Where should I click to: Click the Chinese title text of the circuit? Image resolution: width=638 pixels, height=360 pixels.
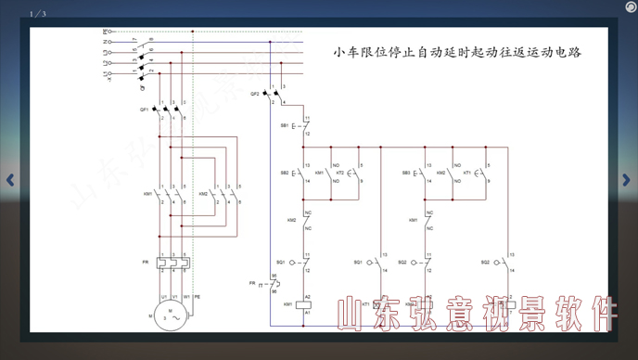457,53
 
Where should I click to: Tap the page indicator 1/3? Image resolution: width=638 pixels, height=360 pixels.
38,14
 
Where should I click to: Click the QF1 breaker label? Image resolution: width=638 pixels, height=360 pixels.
145,109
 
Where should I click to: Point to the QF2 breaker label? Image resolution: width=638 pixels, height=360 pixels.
255,94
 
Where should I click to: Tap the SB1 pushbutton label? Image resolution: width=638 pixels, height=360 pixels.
285,124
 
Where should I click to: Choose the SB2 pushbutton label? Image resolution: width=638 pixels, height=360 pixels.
285,174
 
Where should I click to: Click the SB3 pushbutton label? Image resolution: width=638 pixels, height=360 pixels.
407,174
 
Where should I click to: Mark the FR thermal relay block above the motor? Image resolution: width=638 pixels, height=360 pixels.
174,263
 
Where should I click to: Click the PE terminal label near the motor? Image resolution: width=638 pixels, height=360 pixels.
197,297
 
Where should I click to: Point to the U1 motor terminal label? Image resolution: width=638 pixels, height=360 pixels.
162,297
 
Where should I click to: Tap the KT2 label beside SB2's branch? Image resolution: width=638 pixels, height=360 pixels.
340,173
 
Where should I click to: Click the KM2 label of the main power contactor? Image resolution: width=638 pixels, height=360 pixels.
203,194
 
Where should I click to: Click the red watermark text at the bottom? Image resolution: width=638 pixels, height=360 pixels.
476,315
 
